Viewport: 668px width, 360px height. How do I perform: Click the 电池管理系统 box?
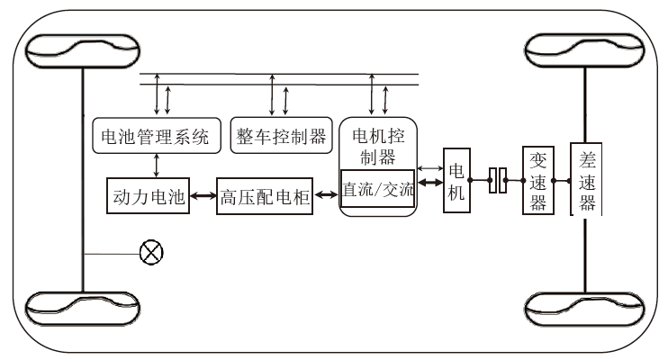click(x=153, y=137)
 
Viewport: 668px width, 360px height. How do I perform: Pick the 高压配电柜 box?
click(x=265, y=198)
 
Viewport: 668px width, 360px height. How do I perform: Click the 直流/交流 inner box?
click(x=378, y=190)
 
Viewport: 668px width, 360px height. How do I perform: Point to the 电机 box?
click(x=456, y=180)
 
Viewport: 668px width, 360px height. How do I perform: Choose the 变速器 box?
click(x=537, y=180)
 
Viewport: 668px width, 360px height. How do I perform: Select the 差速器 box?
click(x=587, y=180)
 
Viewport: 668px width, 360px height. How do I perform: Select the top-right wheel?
click(x=588, y=52)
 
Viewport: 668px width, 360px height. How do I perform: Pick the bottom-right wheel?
click(x=588, y=308)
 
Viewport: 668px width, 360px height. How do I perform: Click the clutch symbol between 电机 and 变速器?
click(x=498, y=181)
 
